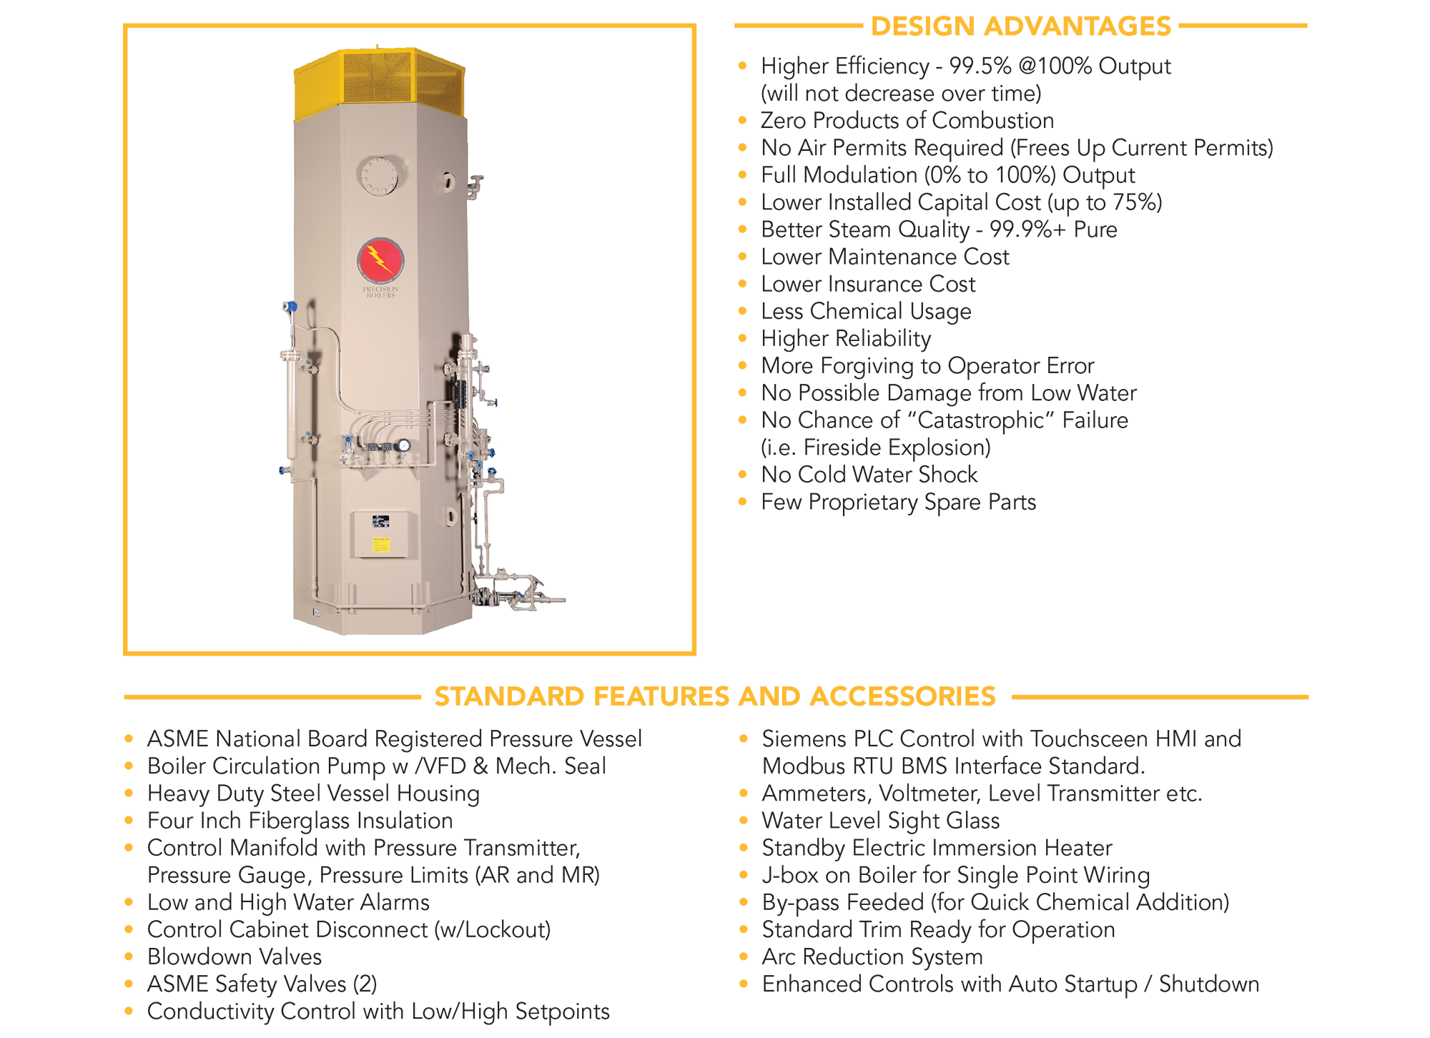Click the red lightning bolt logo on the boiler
(380, 259)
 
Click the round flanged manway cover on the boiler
(378, 176)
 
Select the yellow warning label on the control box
(381, 545)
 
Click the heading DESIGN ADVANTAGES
(1021, 26)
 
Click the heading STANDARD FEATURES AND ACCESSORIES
(715, 696)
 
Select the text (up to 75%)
(1105, 203)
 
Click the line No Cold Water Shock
(869, 475)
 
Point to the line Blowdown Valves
(235, 957)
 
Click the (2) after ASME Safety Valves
(365, 984)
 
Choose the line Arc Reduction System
(872, 957)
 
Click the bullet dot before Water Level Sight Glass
(744, 821)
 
